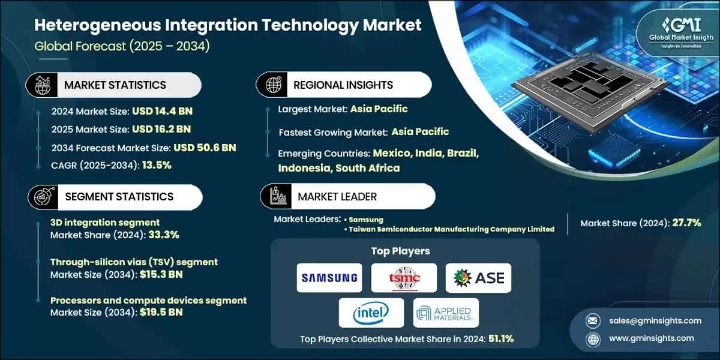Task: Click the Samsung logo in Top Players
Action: coord(329,278)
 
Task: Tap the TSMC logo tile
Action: coord(404,278)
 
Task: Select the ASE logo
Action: coord(478,278)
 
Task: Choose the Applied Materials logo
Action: coord(446,313)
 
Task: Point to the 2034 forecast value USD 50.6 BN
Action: coord(205,148)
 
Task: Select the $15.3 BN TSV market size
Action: coord(162,275)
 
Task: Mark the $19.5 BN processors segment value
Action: coord(162,313)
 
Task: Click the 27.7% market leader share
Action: coord(684,223)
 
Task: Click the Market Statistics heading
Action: coord(115,85)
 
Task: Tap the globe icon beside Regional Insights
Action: coord(272,85)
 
